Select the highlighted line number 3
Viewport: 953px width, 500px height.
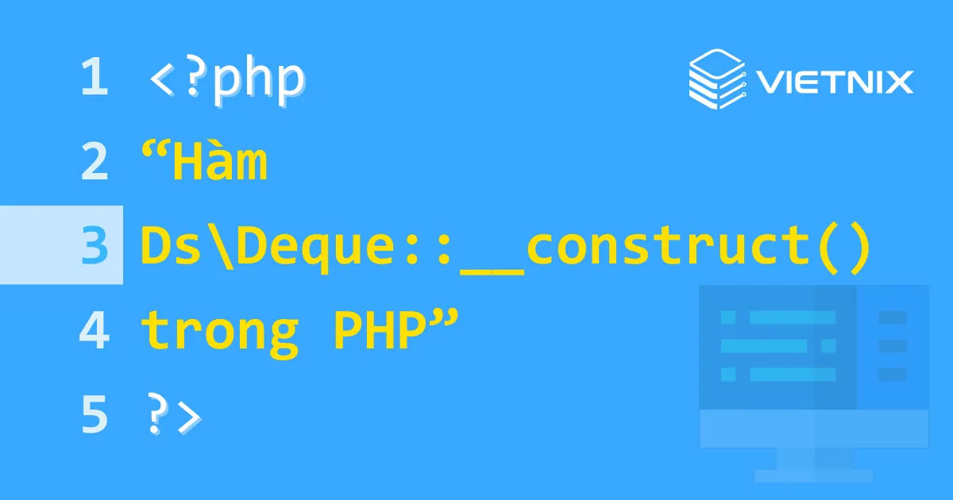[94, 246]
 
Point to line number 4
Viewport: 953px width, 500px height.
[94, 330]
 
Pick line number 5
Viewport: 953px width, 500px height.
[94, 414]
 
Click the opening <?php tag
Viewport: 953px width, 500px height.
[226, 79]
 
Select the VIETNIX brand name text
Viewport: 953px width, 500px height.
[834, 81]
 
